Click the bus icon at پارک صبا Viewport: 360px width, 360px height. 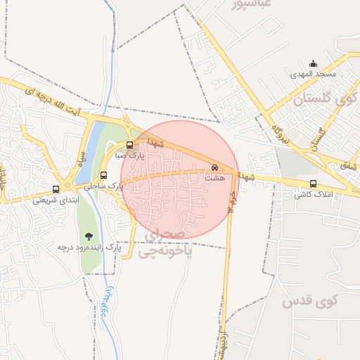click(119, 146)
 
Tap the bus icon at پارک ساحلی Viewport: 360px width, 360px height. click(103, 176)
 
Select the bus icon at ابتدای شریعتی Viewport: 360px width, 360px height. click(56, 189)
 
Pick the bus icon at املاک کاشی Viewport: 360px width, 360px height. click(313, 184)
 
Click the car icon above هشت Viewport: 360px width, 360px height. click(214, 168)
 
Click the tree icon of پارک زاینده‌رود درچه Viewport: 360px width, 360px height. click(88, 237)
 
